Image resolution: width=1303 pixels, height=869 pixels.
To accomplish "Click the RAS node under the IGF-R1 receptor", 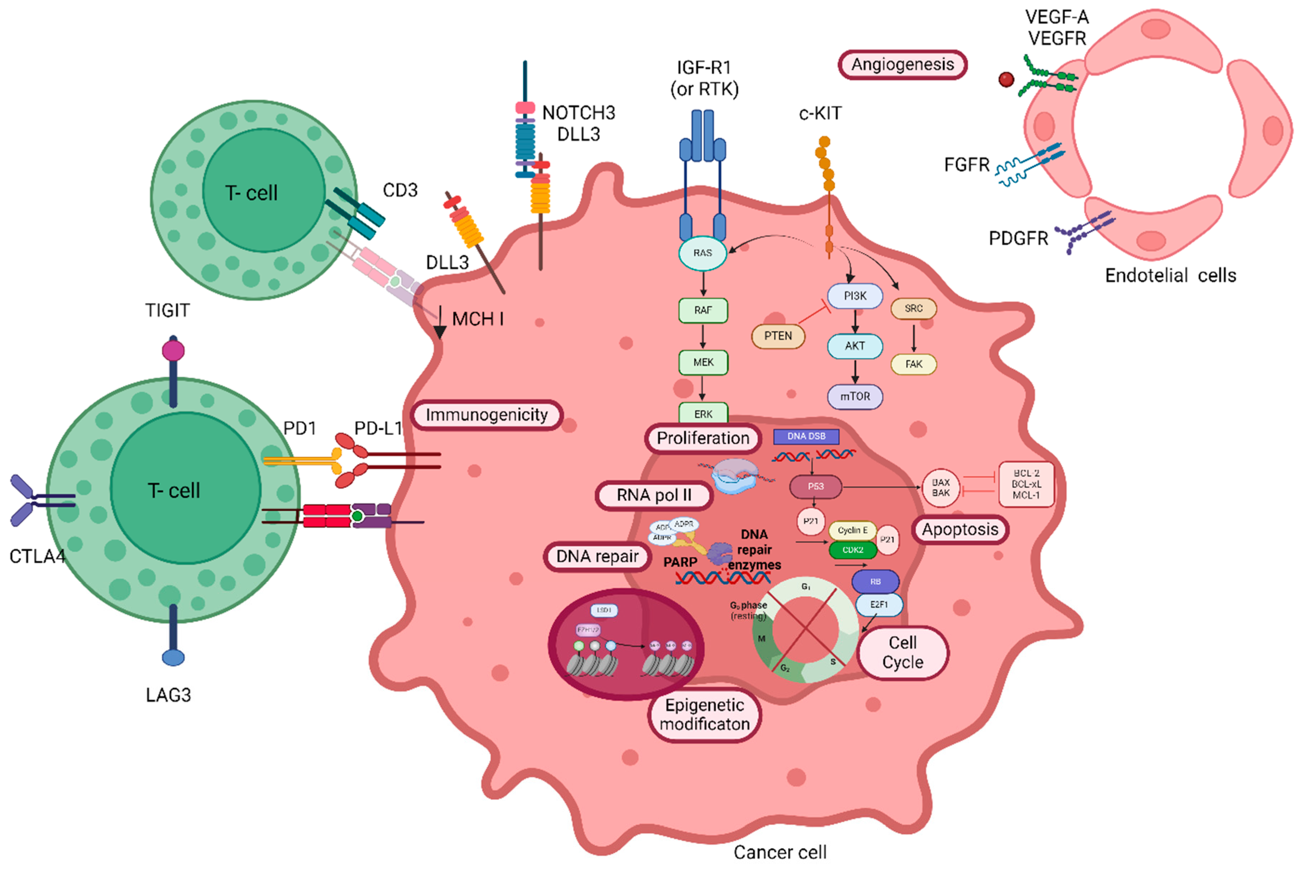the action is click(702, 253).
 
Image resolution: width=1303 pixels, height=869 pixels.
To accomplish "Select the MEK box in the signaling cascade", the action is click(703, 363).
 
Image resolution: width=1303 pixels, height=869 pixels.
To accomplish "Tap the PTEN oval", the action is click(777, 336).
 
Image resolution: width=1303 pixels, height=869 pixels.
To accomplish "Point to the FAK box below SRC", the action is click(913, 364).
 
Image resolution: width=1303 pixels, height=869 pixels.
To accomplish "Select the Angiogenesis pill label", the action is click(902, 65).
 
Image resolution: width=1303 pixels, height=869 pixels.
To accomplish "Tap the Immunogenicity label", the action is click(486, 415).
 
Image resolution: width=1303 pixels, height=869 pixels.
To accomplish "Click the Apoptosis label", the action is click(960, 530).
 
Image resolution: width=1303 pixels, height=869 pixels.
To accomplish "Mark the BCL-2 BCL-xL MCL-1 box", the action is click(1026, 484).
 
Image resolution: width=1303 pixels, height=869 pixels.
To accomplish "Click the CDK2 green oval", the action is click(852, 550).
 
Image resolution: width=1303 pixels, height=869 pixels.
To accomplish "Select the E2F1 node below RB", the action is click(878, 605).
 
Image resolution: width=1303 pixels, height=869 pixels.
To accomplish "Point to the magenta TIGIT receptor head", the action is click(173, 351).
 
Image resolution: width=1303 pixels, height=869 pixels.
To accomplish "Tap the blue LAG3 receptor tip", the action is click(173, 658).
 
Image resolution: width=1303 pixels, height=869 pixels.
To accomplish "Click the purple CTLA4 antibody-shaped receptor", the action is click(25, 500).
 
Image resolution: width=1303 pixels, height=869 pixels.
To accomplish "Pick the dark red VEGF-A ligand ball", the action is click(1006, 80).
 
